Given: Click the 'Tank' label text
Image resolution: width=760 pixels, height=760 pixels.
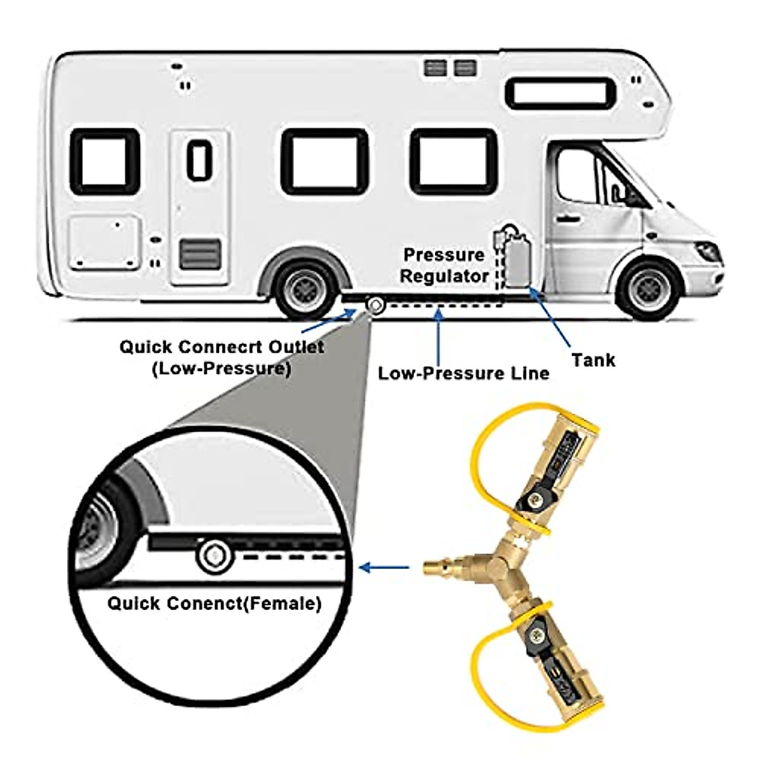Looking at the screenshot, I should point(593,360).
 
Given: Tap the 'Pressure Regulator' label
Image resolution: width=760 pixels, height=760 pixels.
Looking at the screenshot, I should point(444,265).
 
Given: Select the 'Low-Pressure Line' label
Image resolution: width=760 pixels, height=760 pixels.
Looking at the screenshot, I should point(463,373).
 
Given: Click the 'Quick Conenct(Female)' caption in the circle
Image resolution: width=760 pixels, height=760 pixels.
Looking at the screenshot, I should point(214,603).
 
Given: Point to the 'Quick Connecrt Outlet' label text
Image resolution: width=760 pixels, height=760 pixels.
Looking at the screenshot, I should point(222,347).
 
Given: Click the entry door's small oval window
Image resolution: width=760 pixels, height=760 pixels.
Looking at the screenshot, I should point(199,159).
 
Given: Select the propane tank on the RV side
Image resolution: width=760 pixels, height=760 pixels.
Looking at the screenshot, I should point(517,260).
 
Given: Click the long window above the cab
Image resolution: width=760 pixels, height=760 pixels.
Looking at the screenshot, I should point(560,94).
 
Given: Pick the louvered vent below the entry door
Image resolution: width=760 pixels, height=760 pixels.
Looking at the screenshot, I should point(199,254).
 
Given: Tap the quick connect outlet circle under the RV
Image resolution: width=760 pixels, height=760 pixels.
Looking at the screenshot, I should point(376,305).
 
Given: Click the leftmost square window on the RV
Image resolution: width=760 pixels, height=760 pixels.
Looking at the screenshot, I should point(104,161).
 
